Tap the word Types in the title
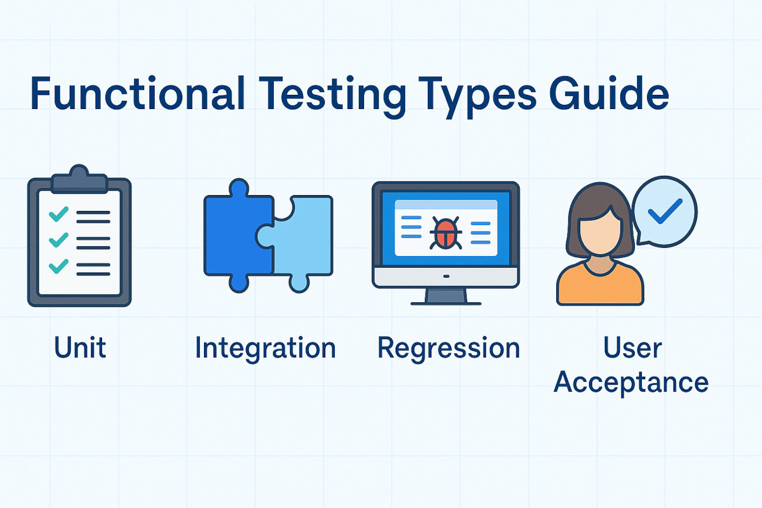[477, 97]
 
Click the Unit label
[80, 347]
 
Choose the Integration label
[266, 350]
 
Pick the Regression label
[448, 350]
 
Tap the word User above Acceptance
[632, 347]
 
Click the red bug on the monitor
[445, 233]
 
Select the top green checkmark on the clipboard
[59, 214]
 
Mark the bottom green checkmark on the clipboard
[59, 266]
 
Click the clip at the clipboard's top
[79, 179]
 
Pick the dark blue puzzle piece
[234, 234]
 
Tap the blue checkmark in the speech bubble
[665, 211]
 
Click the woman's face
[600, 231]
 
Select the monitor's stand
[445, 296]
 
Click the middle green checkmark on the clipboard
[59, 240]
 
